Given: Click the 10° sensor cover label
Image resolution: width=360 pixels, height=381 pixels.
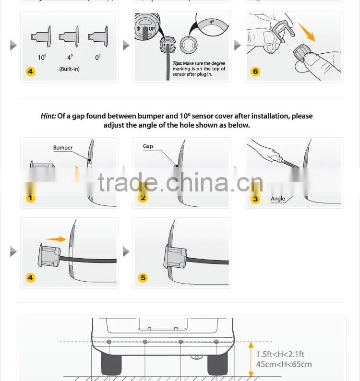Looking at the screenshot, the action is (42, 58).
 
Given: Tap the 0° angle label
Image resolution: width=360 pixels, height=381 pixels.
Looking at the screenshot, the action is (98, 58).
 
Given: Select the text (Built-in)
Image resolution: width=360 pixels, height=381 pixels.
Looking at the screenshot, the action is (69, 69).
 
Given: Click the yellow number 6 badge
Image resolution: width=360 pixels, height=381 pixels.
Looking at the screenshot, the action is (255, 71).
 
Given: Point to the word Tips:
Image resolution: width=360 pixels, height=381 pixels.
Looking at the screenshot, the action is (178, 63).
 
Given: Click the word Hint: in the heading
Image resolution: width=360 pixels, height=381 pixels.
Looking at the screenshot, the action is (48, 116).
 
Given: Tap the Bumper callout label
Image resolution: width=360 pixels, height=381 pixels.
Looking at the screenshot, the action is (63, 147).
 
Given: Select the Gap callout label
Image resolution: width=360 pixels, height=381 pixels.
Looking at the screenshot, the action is (148, 146).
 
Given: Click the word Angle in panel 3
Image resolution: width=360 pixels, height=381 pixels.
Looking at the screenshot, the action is (278, 199).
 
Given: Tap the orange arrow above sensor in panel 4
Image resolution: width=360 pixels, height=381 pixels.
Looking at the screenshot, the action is (56, 239).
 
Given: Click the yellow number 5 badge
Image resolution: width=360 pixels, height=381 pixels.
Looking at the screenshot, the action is (143, 278).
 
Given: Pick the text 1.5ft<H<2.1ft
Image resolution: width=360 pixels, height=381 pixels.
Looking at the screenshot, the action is (280, 354).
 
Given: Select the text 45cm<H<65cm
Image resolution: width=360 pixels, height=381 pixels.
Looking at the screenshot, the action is (284, 364).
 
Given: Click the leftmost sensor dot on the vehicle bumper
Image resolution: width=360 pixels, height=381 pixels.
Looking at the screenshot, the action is (109, 342).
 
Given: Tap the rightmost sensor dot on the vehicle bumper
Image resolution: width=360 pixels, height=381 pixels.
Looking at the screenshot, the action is (216, 342).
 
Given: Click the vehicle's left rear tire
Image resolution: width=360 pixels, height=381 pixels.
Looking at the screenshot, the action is (111, 364).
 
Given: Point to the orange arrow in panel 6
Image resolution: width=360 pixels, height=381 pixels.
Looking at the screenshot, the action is (307, 32).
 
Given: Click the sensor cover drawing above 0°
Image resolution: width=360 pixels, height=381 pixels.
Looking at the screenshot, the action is (98, 36).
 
